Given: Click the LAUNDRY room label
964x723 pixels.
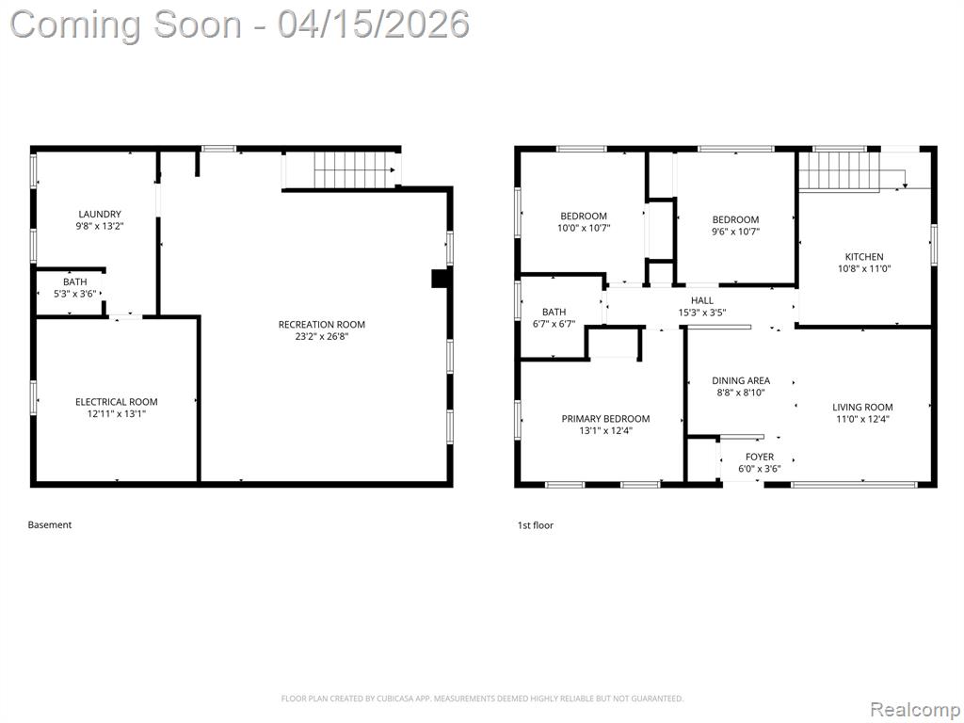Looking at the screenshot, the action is (x=100, y=214).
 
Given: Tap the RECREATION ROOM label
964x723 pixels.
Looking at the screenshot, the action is (x=322, y=324).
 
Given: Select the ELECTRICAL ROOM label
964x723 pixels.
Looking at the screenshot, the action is (x=116, y=401).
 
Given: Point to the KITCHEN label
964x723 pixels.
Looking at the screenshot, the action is (x=864, y=256).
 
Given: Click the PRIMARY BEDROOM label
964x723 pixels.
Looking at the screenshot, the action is (x=605, y=419).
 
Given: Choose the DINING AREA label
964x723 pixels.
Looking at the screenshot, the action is (x=741, y=380).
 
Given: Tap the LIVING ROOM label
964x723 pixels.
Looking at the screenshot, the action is (x=862, y=407).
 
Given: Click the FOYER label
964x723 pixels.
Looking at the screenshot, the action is (x=760, y=457).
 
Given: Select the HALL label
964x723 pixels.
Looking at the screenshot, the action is (x=702, y=300).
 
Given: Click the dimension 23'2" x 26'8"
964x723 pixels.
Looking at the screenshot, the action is (x=322, y=336).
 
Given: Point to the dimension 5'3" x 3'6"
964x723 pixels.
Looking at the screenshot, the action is (x=75, y=294).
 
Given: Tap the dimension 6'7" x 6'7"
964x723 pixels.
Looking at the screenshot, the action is (x=554, y=324).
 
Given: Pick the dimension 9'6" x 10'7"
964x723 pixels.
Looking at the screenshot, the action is (x=736, y=232).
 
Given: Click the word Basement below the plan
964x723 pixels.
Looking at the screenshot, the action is (x=50, y=524).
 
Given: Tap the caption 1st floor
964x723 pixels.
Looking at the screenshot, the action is (x=536, y=525).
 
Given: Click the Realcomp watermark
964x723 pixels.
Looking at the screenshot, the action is (x=915, y=709).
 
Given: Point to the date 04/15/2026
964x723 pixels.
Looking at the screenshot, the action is (x=373, y=24).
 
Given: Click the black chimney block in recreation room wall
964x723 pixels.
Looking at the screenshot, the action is (x=441, y=279).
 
